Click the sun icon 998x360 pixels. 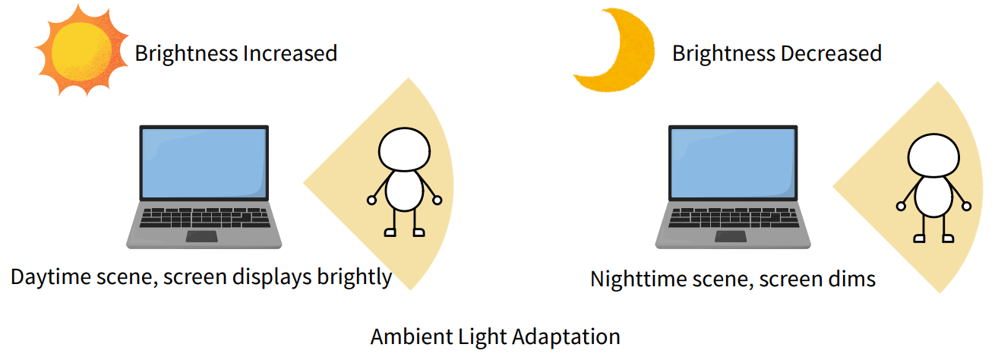click(81, 51)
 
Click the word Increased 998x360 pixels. click(290, 53)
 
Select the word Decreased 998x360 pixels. click(832, 53)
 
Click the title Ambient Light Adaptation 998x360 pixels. click(495, 336)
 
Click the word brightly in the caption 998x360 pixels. click(354, 277)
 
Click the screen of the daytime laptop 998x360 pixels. click(204, 163)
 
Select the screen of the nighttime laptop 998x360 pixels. click(733, 163)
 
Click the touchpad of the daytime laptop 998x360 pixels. click(202, 236)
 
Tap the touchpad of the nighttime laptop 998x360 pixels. click(731, 236)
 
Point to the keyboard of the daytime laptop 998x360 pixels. click(204, 217)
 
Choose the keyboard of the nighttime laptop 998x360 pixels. click(734, 217)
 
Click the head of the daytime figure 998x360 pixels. click(405, 150)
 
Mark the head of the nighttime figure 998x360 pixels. click(934, 156)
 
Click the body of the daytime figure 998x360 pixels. click(405, 191)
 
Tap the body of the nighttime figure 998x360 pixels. click(934, 197)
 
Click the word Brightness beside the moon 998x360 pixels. click(724, 53)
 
